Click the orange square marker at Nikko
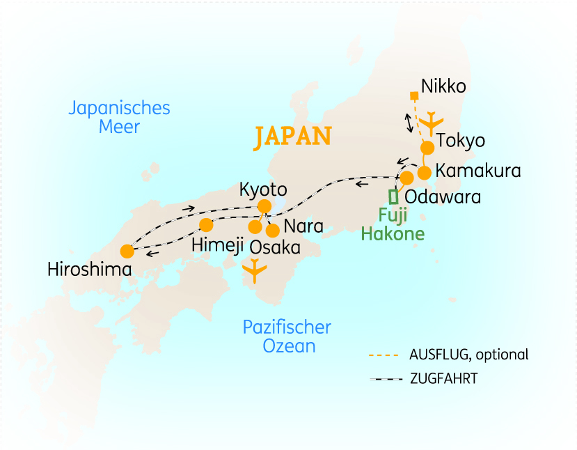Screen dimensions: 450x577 click(414, 95)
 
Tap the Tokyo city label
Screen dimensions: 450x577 click(460, 141)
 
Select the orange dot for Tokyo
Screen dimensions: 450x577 click(427, 148)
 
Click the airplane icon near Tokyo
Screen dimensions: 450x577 click(432, 123)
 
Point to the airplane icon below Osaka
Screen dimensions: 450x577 click(254, 270)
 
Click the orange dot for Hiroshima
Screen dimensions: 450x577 click(127, 251)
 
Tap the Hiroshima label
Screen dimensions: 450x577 click(89, 269)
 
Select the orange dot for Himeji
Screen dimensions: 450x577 click(206, 225)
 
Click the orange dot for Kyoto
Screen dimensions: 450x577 click(264, 206)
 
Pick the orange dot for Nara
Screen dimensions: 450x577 click(273, 231)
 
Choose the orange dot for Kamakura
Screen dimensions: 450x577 click(424, 173)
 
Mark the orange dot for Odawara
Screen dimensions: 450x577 click(407, 178)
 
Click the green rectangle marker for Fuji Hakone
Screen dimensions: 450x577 click(394, 196)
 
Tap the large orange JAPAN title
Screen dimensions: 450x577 click(292, 136)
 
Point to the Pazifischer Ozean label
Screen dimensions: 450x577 click(287, 336)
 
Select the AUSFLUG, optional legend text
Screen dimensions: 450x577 click(469, 355)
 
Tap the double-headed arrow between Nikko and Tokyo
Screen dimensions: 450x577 click(409, 122)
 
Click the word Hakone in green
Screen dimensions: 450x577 click(393, 233)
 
